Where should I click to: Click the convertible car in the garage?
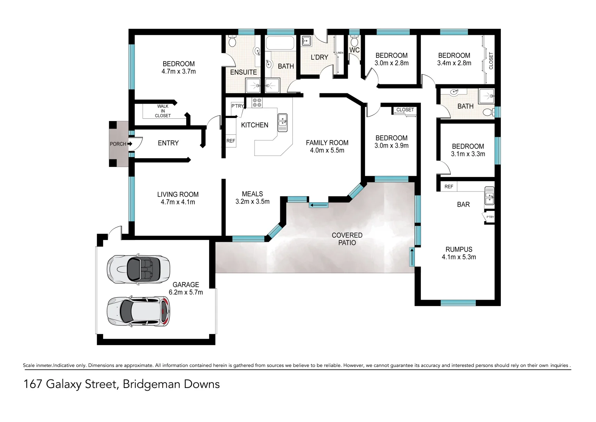pos(139,269)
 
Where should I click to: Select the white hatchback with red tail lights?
pos(139,311)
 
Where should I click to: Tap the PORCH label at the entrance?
pos(117,144)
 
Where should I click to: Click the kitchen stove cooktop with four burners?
pos(257,103)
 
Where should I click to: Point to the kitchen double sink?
pos(282,122)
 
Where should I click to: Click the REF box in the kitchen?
pos(231,141)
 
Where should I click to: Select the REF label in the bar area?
pos(448,187)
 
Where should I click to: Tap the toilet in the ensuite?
pos(232,41)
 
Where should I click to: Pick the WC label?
pos(354,50)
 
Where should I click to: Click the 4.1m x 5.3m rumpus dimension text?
pos(459,257)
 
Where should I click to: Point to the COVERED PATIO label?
pos(347,239)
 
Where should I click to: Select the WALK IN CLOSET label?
pos(163,111)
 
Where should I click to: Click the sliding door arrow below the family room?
pos(319,205)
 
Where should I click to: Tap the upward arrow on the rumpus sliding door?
pos(411,257)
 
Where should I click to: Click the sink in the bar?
pos(489,196)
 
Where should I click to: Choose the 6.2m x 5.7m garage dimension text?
pos(186,292)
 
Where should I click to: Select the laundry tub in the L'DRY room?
pos(306,40)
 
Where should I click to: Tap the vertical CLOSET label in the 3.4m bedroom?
pos(491,61)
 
